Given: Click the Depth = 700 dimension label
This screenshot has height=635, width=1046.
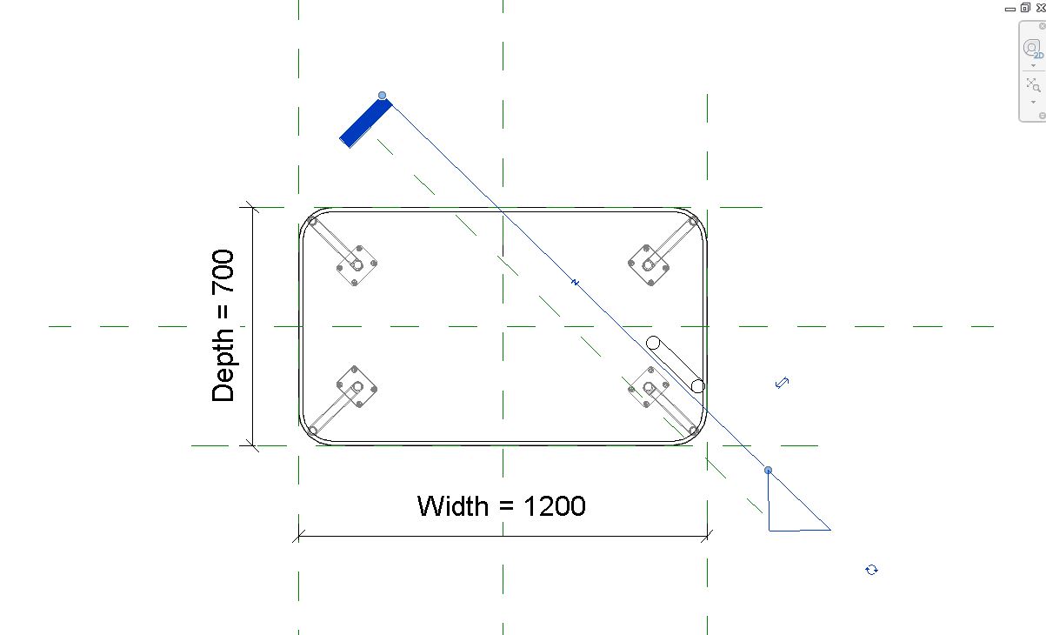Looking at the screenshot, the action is tap(223, 325).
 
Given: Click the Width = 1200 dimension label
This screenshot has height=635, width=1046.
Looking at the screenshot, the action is tap(501, 505).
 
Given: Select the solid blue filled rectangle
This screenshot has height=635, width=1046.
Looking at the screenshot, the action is tap(366, 123).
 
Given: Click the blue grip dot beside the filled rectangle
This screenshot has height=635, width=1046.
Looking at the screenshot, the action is tap(382, 96).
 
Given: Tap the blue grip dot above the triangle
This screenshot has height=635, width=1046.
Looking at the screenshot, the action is tap(768, 470).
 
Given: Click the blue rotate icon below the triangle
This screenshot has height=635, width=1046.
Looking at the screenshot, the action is tap(871, 570).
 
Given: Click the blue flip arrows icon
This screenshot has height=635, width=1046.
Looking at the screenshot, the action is tap(783, 383).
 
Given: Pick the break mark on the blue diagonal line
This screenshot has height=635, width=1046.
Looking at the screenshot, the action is tap(576, 282).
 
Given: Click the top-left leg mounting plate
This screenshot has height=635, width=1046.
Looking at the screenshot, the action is tap(356, 265).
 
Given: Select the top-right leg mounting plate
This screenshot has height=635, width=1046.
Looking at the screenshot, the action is tap(648, 265).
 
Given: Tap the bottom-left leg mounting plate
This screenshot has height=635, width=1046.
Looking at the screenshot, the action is tap(356, 387).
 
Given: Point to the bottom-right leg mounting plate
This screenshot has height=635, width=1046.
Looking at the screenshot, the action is tap(648, 387).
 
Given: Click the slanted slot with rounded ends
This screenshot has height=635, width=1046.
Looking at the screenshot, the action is tap(676, 364).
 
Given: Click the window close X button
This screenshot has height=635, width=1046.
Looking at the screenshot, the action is tap(1041, 8).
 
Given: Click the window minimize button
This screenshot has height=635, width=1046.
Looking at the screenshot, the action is tap(1010, 10).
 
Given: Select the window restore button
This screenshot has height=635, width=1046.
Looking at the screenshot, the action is tap(1025, 8).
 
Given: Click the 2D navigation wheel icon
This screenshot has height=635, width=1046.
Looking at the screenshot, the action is tap(1031, 49).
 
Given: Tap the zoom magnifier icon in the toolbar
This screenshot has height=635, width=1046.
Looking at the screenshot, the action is tap(1033, 84).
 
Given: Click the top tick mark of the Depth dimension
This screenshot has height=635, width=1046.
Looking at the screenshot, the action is tap(252, 207).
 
